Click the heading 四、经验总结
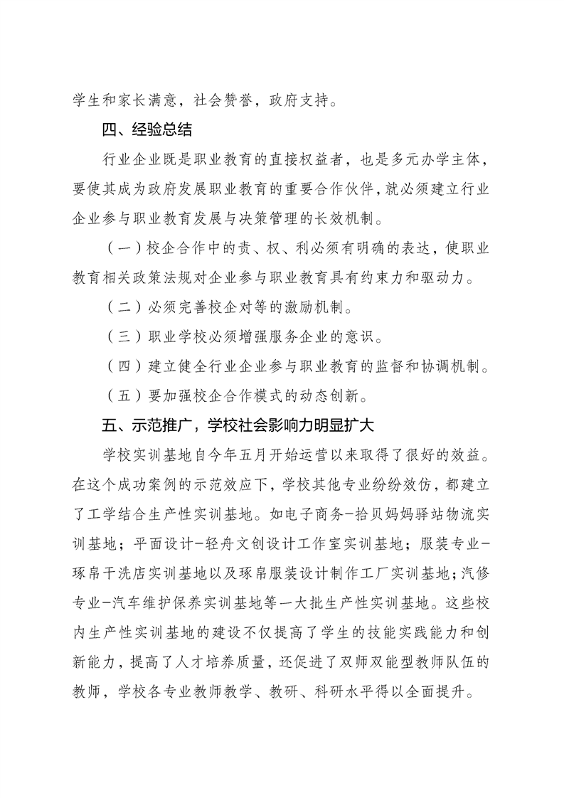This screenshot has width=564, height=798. pyautogui.click(x=147, y=131)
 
